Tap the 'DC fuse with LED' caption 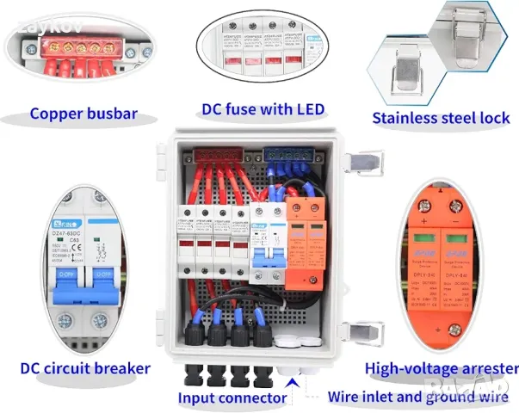[263, 109]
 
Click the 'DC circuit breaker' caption [85, 368]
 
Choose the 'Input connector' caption [232, 398]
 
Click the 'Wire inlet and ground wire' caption [417, 398]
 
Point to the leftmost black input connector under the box [192, 377]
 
